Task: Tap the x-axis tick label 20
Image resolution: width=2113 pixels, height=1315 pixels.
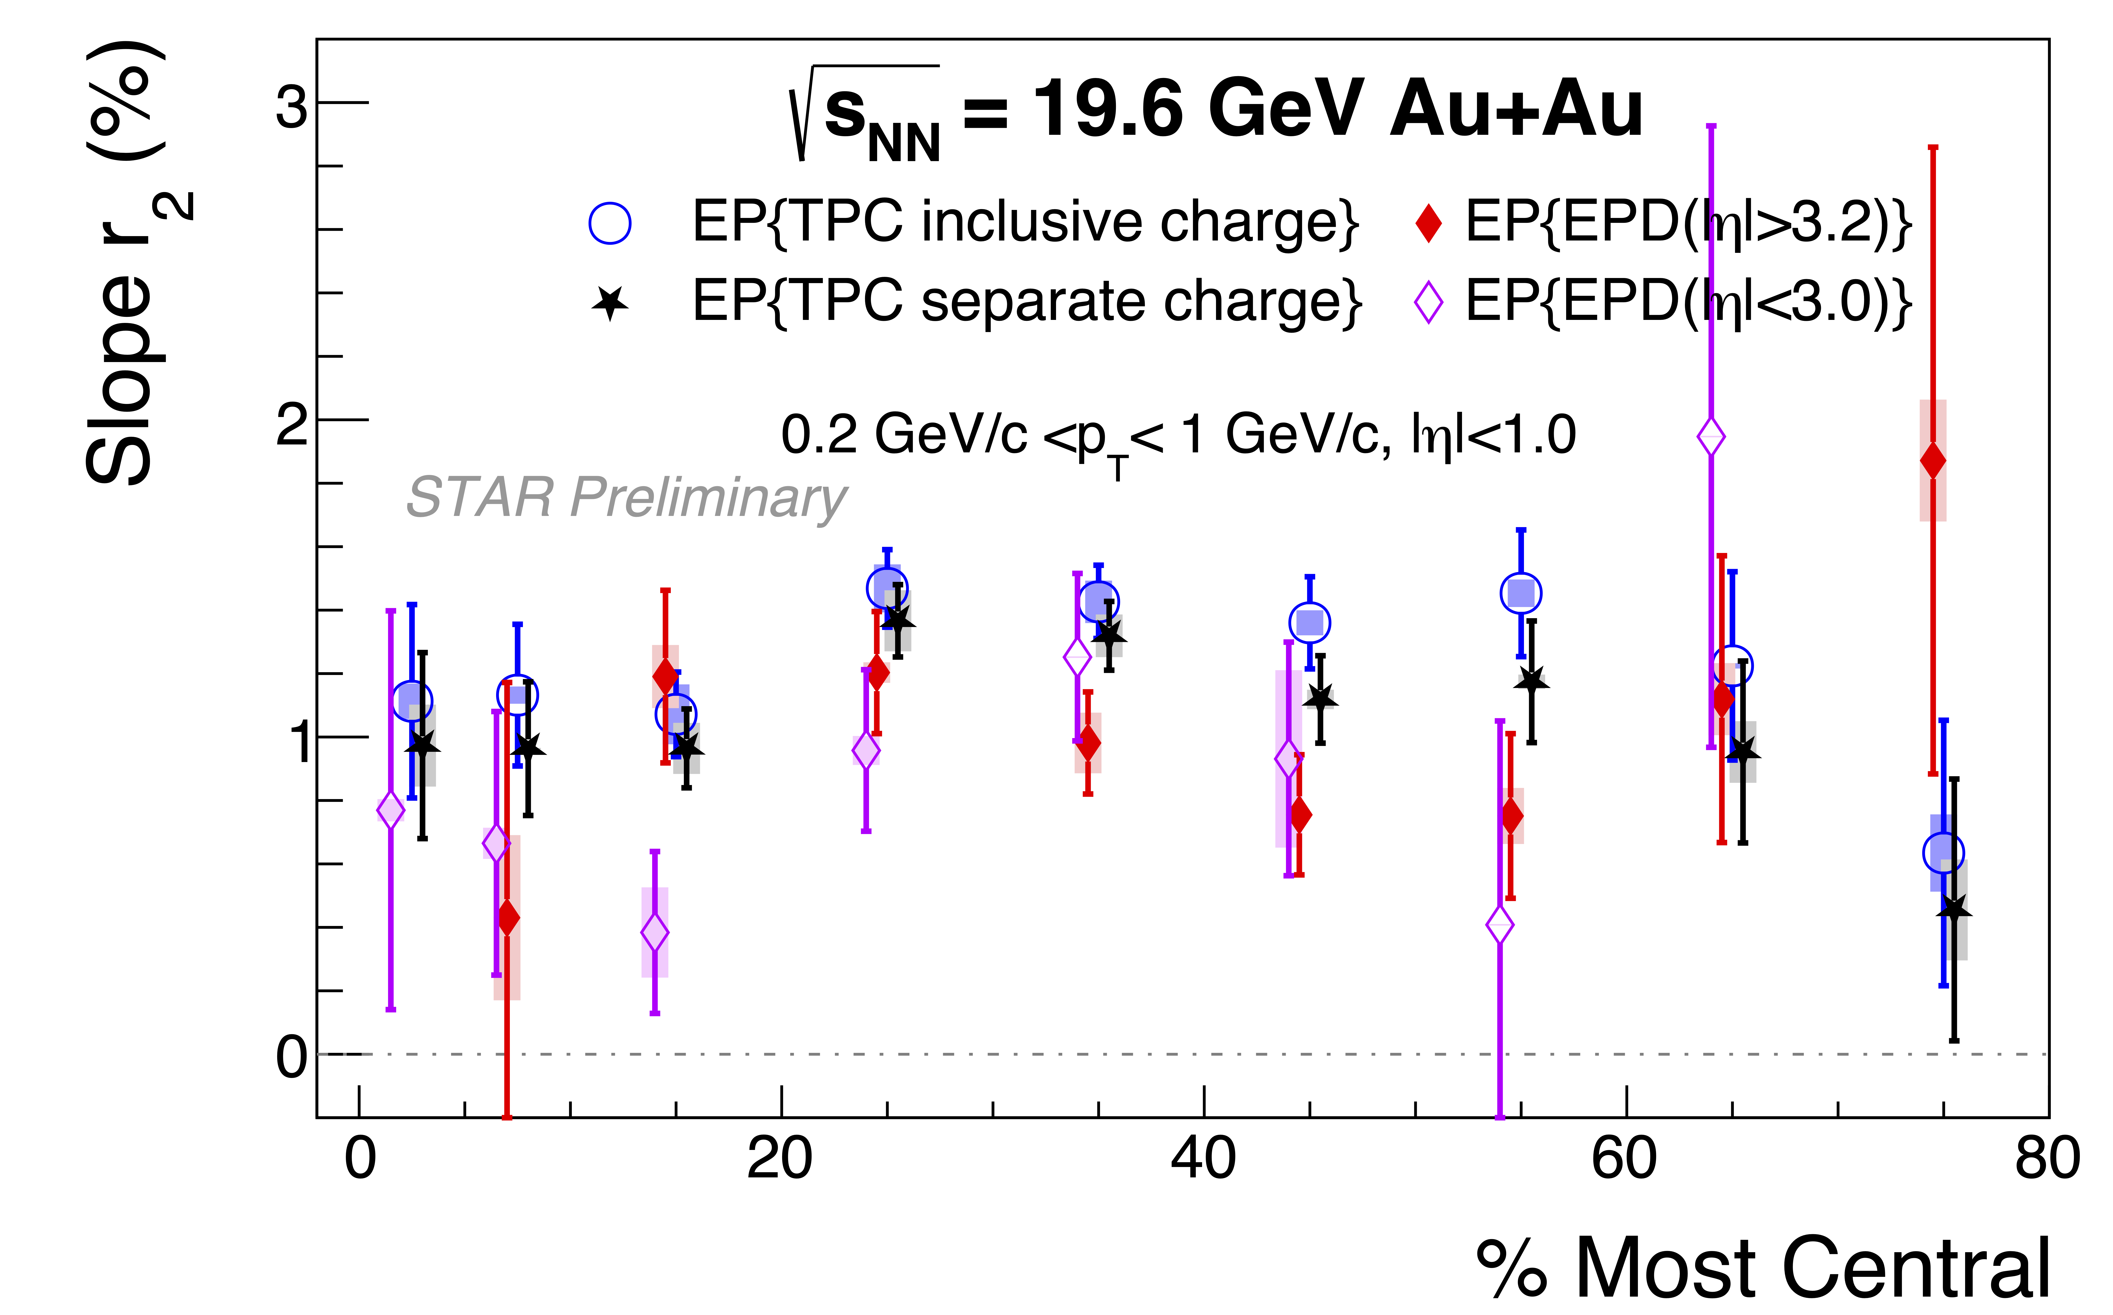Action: [x=780, y=1159]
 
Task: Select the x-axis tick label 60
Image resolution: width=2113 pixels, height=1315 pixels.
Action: [x=1625, y=1159]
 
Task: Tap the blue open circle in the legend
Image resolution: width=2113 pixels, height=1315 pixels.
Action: [x=610, y=224]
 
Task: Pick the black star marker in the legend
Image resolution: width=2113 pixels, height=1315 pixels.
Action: [x=610, y=303]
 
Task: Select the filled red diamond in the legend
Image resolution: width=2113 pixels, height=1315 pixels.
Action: [x=1428, y=223]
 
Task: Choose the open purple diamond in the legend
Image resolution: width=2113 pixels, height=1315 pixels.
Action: [x=1428, y=303]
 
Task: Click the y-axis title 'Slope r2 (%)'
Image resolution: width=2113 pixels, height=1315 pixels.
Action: [x=130, y=261]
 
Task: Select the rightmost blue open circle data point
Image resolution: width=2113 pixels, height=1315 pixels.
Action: [x=1943, y=853]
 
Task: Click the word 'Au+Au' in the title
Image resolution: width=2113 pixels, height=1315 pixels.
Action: [x=1516, y=110]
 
